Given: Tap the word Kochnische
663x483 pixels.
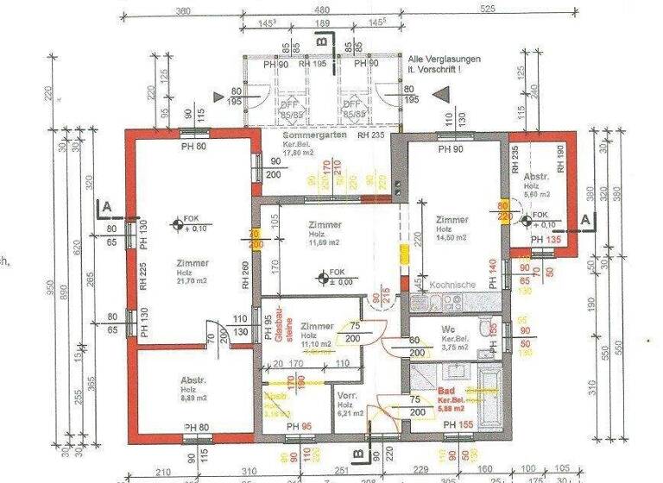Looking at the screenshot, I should [451, 285].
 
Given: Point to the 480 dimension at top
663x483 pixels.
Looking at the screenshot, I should [320, 11].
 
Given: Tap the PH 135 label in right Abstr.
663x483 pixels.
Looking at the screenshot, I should [543, 241].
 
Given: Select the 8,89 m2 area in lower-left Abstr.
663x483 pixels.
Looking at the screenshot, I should [194, 399].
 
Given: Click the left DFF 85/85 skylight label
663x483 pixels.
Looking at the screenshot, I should [282, 108].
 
